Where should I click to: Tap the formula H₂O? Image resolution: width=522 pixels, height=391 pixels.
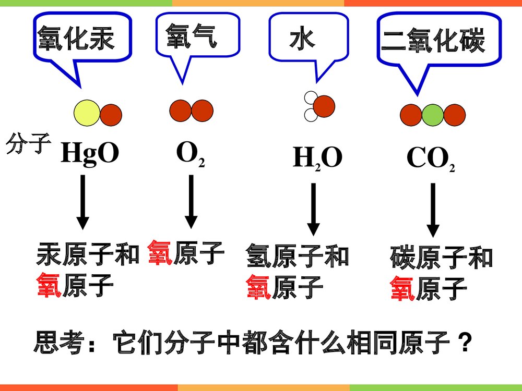[x=317, y=158]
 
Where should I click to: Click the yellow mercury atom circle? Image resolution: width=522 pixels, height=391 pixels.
[x=87, y=113]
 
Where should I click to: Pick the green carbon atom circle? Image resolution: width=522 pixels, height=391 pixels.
[x=432, y=115]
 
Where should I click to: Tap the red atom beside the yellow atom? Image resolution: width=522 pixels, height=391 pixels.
[x=111, y=115]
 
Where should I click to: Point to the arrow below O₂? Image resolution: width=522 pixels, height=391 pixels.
[x=191, y=201]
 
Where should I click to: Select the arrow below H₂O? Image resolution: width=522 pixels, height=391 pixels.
[x=313, y=209]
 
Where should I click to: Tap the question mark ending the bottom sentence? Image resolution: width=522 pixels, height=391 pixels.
[x=464, y=344]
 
